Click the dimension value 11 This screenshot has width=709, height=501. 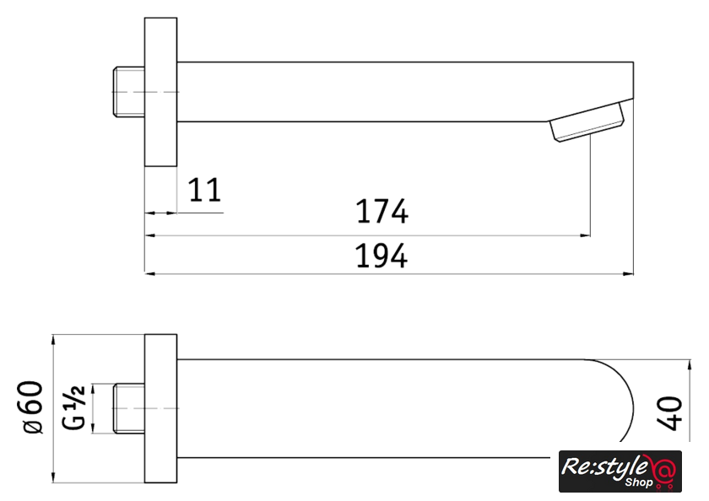click(205, 190)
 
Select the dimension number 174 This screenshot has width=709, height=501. click(382, 212)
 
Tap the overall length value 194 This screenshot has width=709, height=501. click(382, 256)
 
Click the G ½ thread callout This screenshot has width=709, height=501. click(73, 408)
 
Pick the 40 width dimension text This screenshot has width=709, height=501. click(669, 413)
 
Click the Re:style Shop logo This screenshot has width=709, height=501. click(620, 471)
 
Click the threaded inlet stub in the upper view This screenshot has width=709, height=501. click(128, 92)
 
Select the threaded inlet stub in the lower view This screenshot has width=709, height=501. click(128, 408)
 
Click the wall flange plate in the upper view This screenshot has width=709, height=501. click(160, 92)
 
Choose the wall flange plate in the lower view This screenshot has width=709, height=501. click(160, 408)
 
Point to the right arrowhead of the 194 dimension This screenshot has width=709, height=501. click(628, 273)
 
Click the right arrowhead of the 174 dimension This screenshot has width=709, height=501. click(585, 235)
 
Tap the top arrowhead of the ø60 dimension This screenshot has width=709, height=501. click(53, 340)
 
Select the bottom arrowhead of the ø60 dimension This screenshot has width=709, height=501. click(53, 477)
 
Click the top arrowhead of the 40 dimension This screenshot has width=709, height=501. click(689, 365)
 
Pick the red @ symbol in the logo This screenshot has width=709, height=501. click(664, 470)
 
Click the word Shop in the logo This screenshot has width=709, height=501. click(639, 483)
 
